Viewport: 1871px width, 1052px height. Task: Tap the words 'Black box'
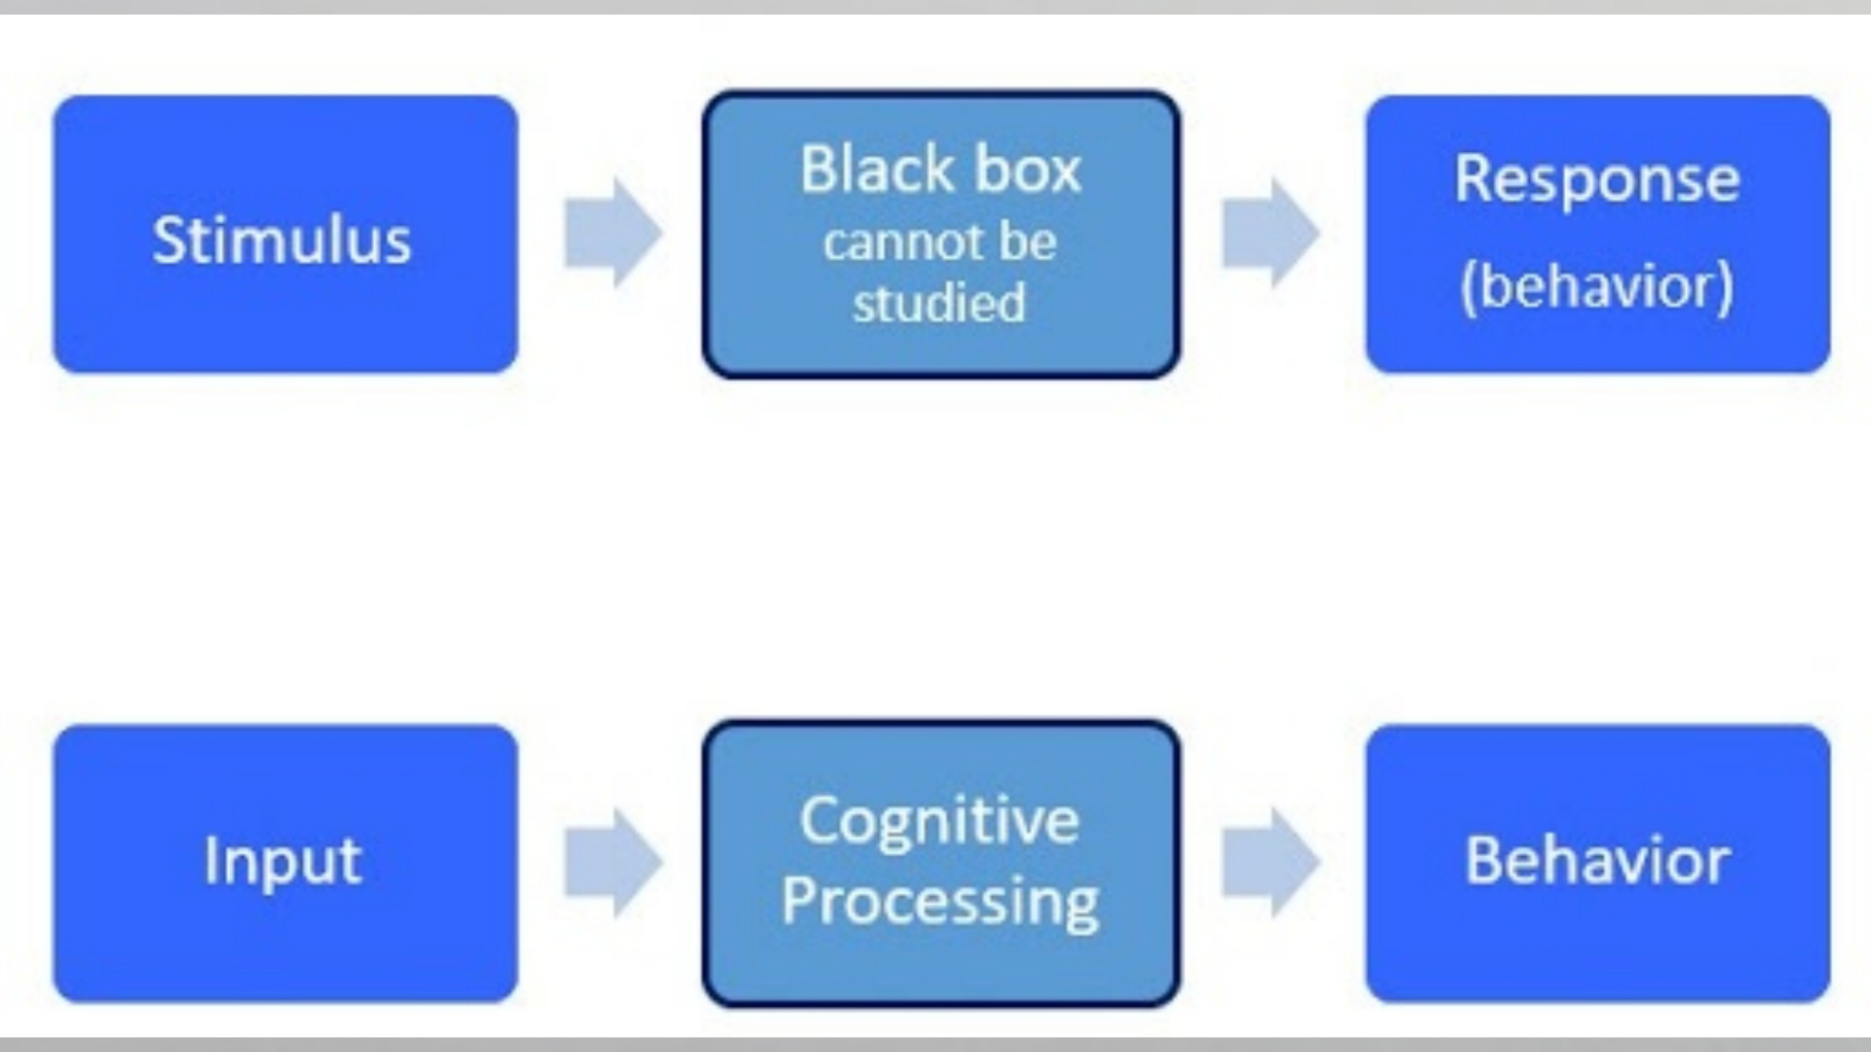click(x=940, y=169)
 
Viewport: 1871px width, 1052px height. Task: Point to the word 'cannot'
click(x=884, y=243)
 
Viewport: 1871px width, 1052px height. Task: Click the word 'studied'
click(x=939, y=303)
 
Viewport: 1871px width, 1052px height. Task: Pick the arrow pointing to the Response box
click(x=1270, y=233)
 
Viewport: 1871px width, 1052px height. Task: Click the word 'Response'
click(x=1596, y=179)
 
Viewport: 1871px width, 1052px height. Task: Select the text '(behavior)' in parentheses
click(x=1596, y=286)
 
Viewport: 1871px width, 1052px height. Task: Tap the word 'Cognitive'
click(x=939, y=821)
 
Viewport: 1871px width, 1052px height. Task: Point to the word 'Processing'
click(x=939, y=902)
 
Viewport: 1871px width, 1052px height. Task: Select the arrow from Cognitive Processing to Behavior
click(x=1270, y=862)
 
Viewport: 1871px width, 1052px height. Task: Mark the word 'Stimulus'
click(x=282, y=240)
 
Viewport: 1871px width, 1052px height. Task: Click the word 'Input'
click(x=283, y=862)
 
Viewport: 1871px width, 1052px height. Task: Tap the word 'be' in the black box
click(x=1026, y=243)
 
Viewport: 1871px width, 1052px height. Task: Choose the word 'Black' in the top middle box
click(x=876, y=169)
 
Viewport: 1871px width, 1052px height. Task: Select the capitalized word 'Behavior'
click(x=1596, y=861)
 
